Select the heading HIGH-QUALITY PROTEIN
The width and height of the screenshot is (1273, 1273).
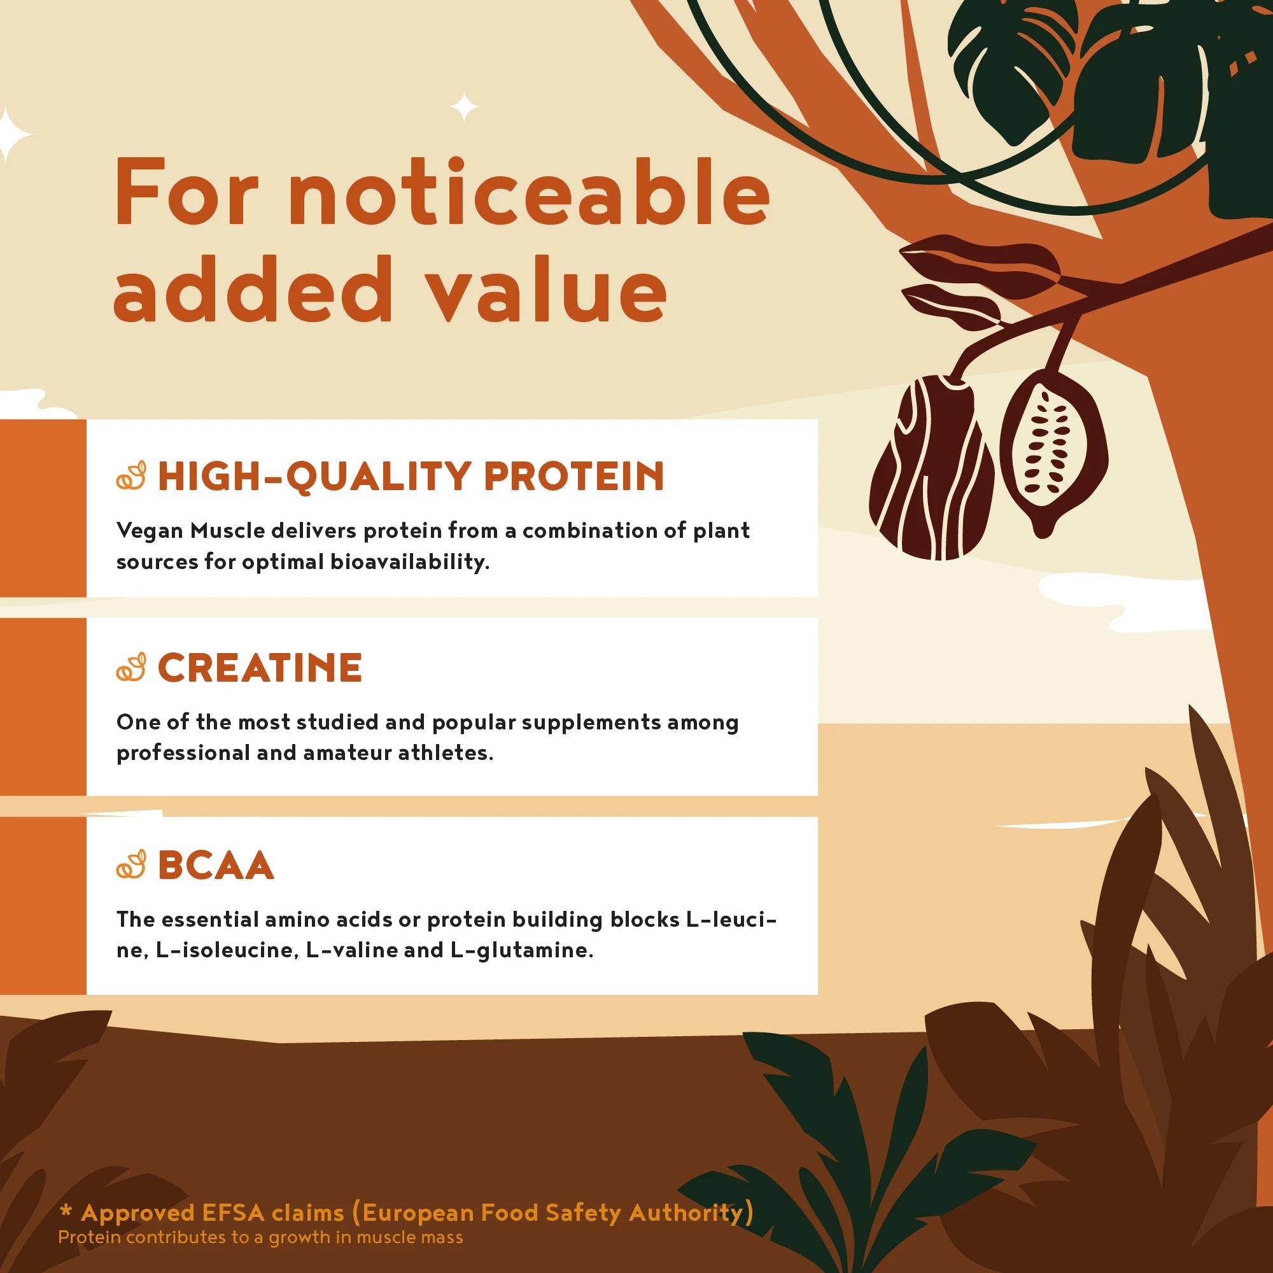(x=411, y=475)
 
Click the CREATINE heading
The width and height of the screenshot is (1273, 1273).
(x=260, y=668)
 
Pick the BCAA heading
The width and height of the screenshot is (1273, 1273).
(x=216, y=865)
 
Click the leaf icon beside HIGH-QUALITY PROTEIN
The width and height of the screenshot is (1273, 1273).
(x=131, y=476)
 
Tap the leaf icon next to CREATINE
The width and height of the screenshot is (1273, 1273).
(x=131, y=668)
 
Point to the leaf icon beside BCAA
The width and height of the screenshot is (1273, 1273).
(x=131, y=865)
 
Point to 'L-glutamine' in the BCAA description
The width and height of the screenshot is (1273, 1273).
(x=521, y=951)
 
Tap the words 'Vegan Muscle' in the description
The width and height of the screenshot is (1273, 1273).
(x=190, y=531)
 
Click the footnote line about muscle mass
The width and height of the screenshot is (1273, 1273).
(x=260, y=1237)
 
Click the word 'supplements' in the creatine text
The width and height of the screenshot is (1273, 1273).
(x=591, y=723)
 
